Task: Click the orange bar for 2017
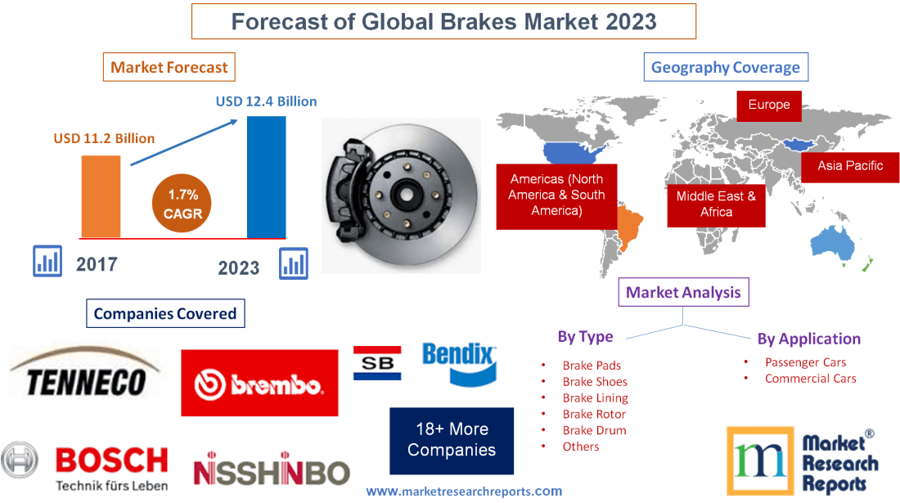pyautogui.click(x=101, y=196)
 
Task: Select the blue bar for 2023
pyautogui.click(x=267, y=176)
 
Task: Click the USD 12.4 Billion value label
pyautogui.click(x=266, y=101)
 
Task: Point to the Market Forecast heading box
pyautogui.click(x=169, y=67)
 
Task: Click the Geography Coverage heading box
pyautogui.click(x=726, y=67)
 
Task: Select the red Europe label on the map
pyautogui.click(x=768, y=105)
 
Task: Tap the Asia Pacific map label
pyautogui.click(x=850, y=166)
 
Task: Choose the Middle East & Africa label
pyautogui.click(x=716, y=204)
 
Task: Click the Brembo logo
pyautogui.click(x=259, y=383)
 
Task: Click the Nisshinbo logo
pyautogui.click(x=271, y=471)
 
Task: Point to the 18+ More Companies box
pyautogui.click(x=452, y=440)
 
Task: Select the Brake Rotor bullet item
pyautogui.click(x=594, y=414)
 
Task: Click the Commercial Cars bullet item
pyautogui.click(x=810, y=378)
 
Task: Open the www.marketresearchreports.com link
pyautogui.click(x=463, y=492)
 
